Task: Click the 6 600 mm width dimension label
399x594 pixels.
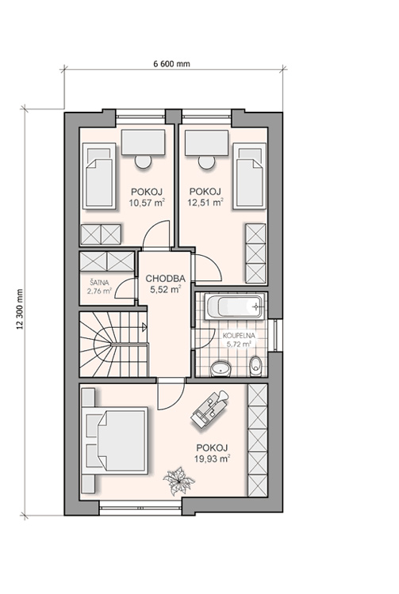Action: (x=171, y=63)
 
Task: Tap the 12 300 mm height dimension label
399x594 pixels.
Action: (x=20, y=309)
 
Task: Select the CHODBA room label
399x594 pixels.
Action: (x=165, y=279)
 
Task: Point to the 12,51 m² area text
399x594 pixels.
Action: (x=205, y=202)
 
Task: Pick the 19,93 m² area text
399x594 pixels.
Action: (x=213, y=459)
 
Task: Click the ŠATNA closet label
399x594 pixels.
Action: (x=99, y=282)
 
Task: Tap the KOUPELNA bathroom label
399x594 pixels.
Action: (x=239, y=336)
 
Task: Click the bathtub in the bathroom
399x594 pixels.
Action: (x=234, y=306)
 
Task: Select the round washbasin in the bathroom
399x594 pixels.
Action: (x=221, y=368)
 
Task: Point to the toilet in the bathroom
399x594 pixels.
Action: (x=256, y=365)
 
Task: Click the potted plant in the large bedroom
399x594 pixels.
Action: (x=178, y=481)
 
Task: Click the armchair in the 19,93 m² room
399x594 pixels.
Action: (x=209, y=409)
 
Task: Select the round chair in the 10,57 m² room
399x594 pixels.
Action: (x=143, y=162)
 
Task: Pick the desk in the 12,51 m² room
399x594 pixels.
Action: (x=207, y=143)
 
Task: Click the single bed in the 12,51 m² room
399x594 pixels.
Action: (x=249, y=176)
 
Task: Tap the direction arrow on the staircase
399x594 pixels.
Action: (x=144, y=327)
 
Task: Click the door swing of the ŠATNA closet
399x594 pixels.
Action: (x=125, y=288)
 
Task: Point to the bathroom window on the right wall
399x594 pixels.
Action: (x=276, y=335)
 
